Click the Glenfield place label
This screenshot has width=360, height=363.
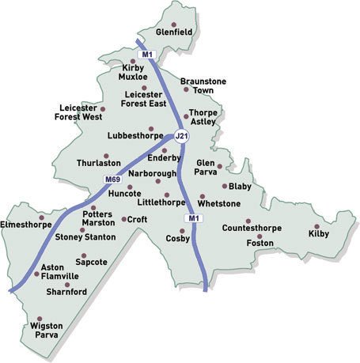coord(174,33)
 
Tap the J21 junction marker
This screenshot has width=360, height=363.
coord(181,136)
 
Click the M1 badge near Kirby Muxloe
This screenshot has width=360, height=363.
coord(146,54)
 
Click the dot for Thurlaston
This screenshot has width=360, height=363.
coord(106,156)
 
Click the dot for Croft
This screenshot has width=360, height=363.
coord(123,219)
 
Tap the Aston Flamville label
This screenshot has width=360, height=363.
coord(56,272)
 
